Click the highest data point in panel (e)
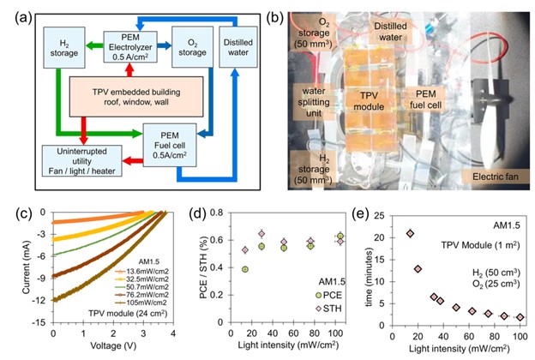click(x=409, y=233)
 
